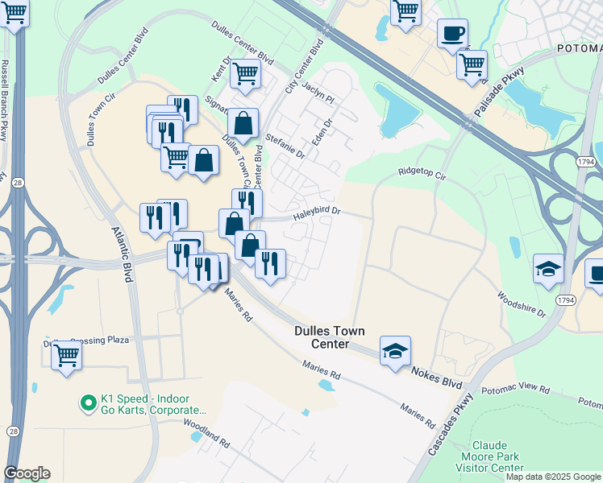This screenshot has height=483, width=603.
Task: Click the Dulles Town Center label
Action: pos(330,337)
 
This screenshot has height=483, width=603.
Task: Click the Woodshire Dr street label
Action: pos(522,305)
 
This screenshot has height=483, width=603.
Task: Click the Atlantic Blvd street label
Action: pos(122,254)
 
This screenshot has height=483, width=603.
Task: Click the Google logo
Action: pos(27,473)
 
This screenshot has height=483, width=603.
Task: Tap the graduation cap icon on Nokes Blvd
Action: pos(395,350)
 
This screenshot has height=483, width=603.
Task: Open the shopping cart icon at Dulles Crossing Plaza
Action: pos(67,354)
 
